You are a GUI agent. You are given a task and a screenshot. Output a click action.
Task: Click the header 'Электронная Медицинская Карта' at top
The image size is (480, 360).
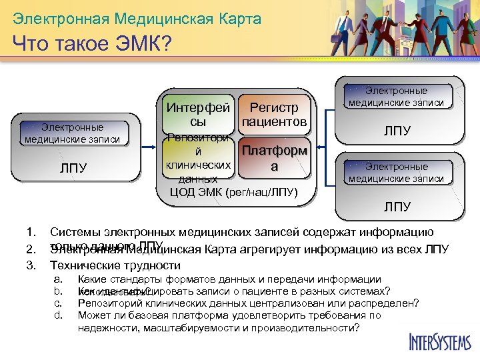137,18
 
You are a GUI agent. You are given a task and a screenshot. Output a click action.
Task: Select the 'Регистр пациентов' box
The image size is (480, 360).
274,115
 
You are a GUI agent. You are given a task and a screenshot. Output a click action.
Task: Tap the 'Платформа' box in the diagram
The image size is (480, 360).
274,159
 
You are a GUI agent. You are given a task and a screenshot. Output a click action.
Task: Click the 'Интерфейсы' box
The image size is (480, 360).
198,115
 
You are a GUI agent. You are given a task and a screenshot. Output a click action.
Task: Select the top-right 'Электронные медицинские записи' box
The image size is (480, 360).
396,97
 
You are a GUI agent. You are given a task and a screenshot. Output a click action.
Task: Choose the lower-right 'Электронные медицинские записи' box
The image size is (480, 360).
396,173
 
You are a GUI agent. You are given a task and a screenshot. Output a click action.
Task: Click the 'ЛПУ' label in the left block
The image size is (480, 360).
73,168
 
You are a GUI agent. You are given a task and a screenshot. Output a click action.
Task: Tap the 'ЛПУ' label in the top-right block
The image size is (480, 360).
396,131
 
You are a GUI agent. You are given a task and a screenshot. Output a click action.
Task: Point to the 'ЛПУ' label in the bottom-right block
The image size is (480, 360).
396,207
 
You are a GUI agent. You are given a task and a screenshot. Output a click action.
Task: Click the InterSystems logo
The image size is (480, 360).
439,341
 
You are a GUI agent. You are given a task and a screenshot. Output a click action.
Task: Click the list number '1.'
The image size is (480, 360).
30,233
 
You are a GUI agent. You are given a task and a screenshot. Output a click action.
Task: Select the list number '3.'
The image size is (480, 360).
30,265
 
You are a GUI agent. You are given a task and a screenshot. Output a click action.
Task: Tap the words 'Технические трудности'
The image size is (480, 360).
106,265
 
